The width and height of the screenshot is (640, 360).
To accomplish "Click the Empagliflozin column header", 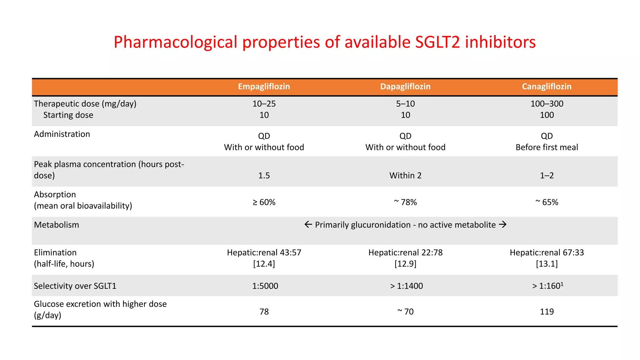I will click(x=264, y=87).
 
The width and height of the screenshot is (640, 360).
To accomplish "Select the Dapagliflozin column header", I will click(x=405, y=87).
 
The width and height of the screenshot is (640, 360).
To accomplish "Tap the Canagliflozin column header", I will click(x=547, y=87).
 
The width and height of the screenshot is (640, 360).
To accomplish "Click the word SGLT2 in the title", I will click(x=437, y=42).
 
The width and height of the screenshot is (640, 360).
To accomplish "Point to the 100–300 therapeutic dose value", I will click(x=547, y=104).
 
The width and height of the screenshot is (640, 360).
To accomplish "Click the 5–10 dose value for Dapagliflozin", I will click(x=405, y=104).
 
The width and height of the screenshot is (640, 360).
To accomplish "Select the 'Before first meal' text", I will click(x=547, y=147).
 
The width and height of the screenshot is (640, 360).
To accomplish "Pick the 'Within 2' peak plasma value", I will click(x=405, y=176).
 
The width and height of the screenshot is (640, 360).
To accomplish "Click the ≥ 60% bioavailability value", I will click(x=264, y=202).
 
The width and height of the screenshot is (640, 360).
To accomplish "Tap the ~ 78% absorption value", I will click(x=405, y=202).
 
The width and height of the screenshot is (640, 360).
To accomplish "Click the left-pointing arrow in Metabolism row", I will click(x=308, y=225).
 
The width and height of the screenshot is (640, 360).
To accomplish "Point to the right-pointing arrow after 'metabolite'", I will click(x=502, y=225).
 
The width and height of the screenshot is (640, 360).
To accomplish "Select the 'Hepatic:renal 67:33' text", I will click(x=547, y=252).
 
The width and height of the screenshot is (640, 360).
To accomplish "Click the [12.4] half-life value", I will click(x=264, y=264).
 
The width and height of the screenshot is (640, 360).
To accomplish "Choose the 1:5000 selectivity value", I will click(x=265, y=286).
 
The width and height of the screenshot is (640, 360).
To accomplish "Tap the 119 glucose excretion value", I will click(x=547, y=312).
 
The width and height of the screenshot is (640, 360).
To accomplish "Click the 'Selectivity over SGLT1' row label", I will click(x=75, y=286).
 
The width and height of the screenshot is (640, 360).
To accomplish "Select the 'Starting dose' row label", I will click(x=68, y=115).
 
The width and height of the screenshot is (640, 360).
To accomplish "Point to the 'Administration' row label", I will click(x=62, y=134).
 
